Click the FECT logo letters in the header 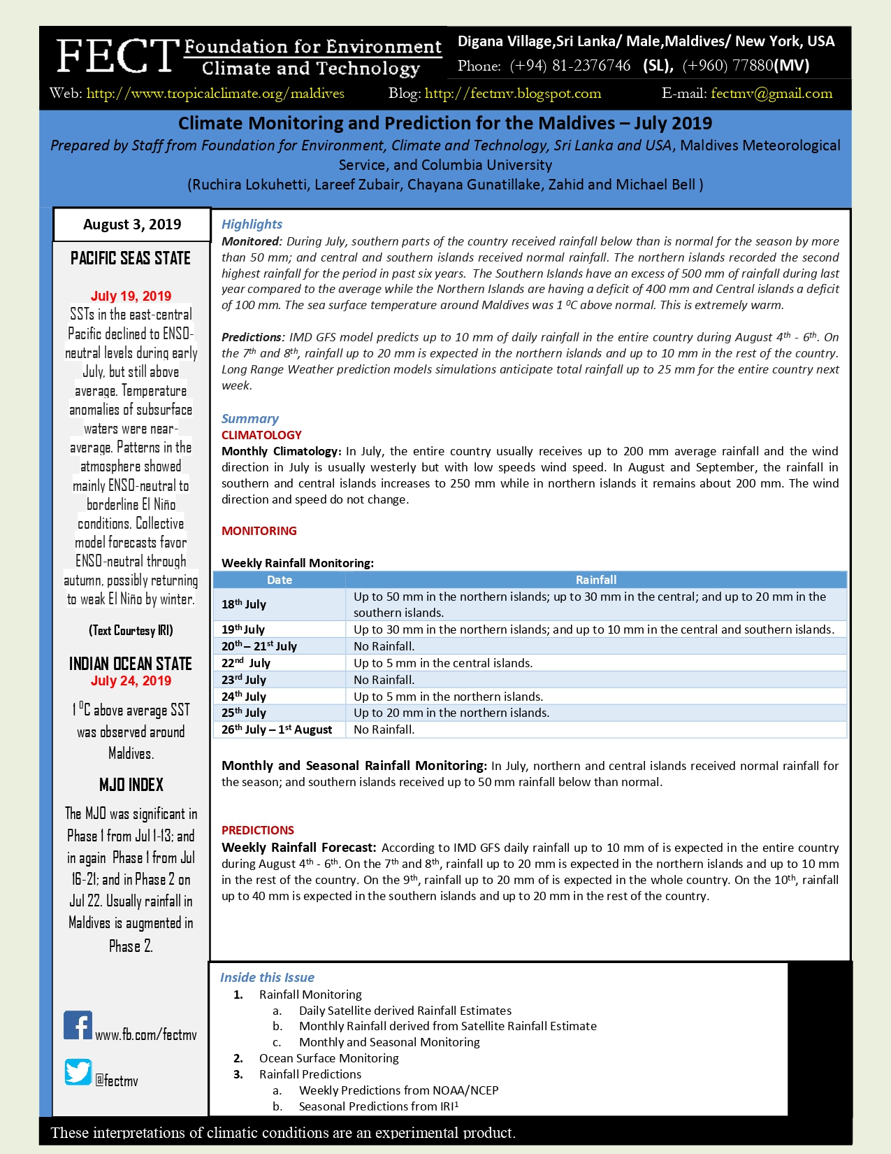[116, 57]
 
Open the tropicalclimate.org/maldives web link [215, 94]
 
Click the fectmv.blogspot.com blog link [513, 94]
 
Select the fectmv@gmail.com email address [772, 94]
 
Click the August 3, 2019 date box [132, 225]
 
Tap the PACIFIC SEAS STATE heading [131, 259]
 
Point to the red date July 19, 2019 [131, 296]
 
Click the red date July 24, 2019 [131, 681]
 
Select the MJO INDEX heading [131, 785]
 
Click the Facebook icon [78, 1025]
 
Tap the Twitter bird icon [78, 1072]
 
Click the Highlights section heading [252, 225]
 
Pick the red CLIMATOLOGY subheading [261, 435]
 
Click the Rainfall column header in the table [595, 580]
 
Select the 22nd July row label [246, 663]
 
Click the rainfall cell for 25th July [451, 713]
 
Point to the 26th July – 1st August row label [277, 729]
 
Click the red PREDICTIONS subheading [258, 830]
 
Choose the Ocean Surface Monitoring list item [328, 1058]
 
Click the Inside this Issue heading [267, 978]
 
